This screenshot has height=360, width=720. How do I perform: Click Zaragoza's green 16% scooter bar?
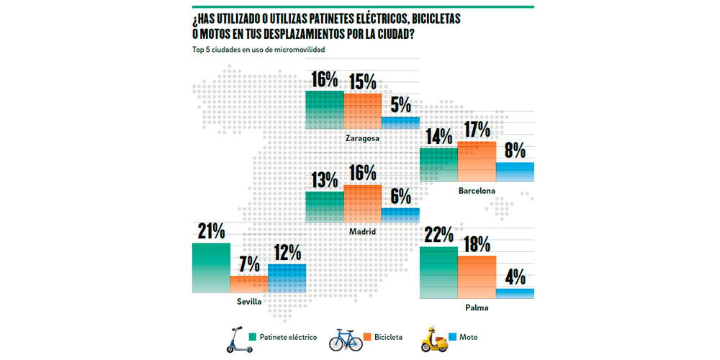coord(325,109)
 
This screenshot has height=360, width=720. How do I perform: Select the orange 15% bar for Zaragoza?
coord(362,111)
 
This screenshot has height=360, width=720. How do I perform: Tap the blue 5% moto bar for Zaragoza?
coord(400,122)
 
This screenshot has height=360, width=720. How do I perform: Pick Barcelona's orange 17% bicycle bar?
coord(477,161)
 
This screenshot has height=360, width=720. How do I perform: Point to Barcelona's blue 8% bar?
coord(515,171)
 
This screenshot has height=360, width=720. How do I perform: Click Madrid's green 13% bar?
coord(325,207)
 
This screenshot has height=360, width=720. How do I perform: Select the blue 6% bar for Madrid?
coord(400,215)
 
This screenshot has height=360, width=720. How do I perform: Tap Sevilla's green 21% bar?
coord(211,268)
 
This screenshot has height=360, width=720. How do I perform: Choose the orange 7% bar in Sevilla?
coord(248,284)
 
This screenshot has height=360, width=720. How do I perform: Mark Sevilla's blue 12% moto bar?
coord(287,279)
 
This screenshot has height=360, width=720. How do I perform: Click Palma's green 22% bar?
coord(438,273)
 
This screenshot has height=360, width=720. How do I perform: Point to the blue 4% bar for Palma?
coord(515,293)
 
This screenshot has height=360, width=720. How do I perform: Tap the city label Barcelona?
coord(477,191)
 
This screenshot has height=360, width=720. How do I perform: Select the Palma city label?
coord(477,308)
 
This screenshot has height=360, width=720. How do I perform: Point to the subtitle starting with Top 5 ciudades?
coord(258,50)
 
